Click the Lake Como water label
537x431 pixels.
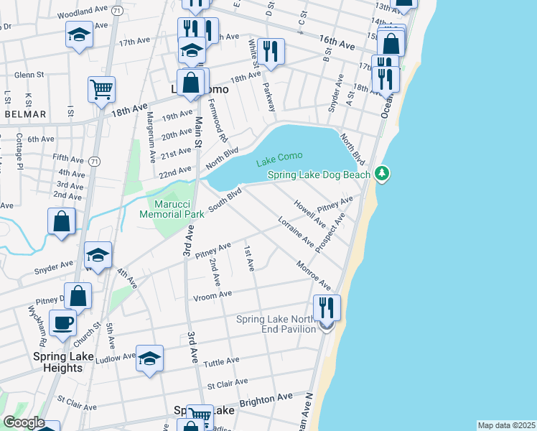pos(280,157)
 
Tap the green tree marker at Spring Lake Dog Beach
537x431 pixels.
pos(383,173)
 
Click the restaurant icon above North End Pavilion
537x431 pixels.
pos(327,307)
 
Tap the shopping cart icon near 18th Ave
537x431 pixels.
pos(102,89)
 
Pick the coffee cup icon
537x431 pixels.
pos(62,322)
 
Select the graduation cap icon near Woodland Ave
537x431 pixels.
pos(79,34)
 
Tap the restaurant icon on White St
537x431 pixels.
pos(271,50)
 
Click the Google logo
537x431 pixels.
pos(23,422)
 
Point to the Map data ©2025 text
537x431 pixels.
pos(505,425)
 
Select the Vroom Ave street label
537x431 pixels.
pos(212,295)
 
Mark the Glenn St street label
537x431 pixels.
pos(29,74)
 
